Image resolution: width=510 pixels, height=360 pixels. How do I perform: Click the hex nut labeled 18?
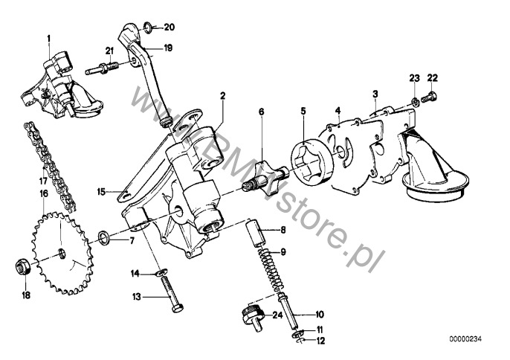point(23,266)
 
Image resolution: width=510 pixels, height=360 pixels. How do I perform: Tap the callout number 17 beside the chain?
point(43,181)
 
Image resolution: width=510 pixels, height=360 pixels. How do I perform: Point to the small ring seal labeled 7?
point(104,237)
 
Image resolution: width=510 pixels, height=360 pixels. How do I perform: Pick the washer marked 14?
point(161,271)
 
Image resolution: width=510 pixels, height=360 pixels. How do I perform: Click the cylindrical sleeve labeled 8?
point(256,233)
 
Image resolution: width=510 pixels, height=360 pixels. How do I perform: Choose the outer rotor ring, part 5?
point(312,163)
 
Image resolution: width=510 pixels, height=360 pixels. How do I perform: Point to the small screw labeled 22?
point(430,97)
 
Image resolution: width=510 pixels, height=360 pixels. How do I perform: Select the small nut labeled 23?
point(415,102)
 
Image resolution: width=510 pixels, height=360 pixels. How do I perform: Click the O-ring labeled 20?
point(147,28)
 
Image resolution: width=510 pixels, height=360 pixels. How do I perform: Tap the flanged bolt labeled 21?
point(102,68)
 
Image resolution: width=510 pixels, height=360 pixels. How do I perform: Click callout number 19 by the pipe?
point(168,48)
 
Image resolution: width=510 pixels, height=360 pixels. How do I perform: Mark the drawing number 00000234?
point(465,339)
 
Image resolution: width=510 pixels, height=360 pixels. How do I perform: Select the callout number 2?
point(223,96)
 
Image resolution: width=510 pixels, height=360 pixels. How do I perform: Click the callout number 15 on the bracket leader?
point(102,191)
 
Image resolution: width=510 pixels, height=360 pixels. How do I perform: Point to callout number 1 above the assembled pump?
point(49,39)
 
